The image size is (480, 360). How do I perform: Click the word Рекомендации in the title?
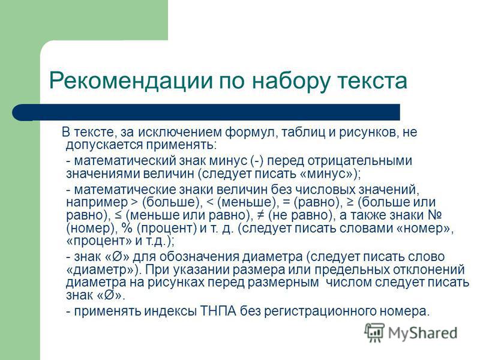(x=131, y=80)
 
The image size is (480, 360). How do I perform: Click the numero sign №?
(x=434, y=215)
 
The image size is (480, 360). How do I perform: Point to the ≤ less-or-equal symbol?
(x=118, y=215)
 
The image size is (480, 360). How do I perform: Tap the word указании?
(x=200, y=270)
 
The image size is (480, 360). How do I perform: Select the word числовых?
(x=325, y=190)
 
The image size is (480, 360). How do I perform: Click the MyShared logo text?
(x=423, y=333)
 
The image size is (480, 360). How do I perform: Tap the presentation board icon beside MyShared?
(x=374, y=332)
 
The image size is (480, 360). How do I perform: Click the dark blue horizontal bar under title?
(x=206, y=112)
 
